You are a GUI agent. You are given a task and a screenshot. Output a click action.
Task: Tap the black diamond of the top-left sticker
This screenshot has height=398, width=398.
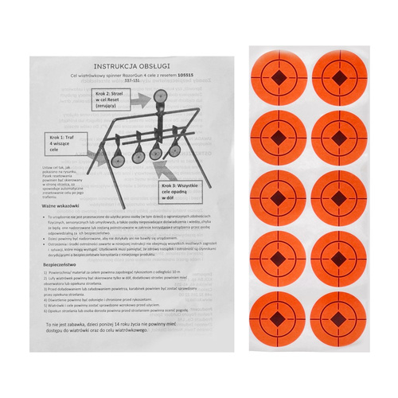coord(280,78)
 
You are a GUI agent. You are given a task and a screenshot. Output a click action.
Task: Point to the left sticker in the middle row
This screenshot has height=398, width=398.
coord(280,197)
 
